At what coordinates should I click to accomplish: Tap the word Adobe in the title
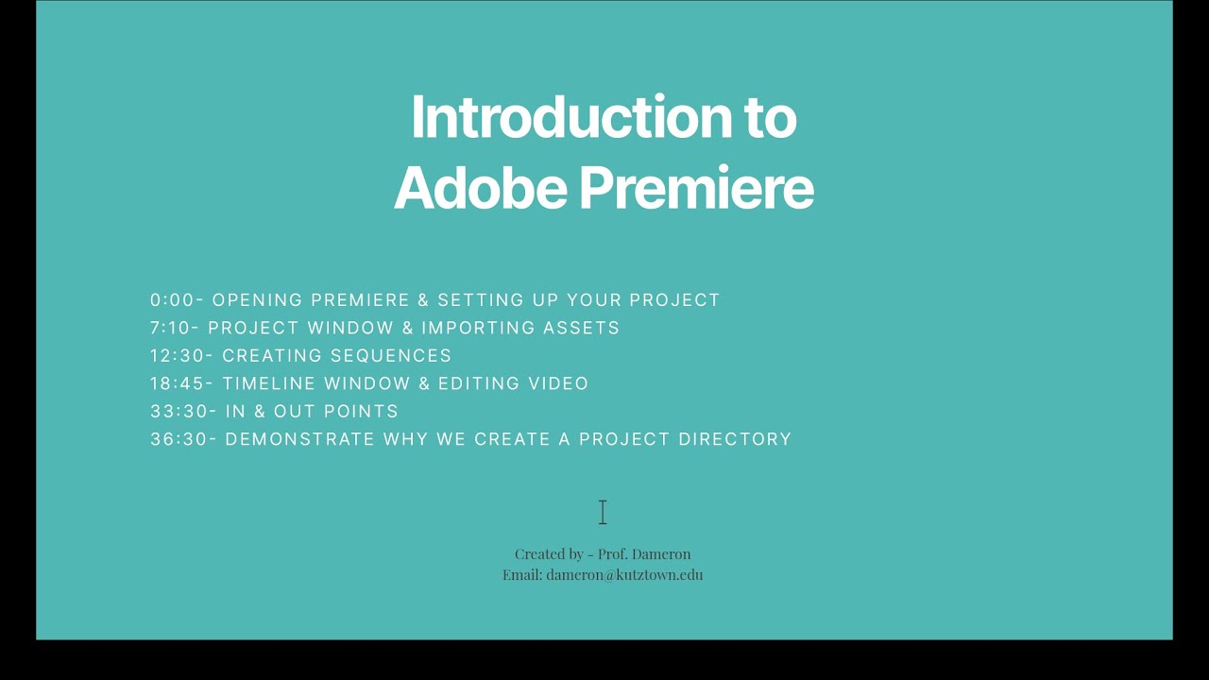(x=480, y=188)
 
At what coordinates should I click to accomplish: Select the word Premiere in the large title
(x=696, y=188)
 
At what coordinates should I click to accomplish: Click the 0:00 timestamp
(x=172, y=300)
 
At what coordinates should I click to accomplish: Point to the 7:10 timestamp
(x=172, y=328)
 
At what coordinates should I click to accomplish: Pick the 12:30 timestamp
(x=179, y=356)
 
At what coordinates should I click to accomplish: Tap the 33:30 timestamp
(x=180, y=412)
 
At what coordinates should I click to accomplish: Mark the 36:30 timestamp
(x=180, y=439)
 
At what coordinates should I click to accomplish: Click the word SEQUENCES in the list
(x=391, y=356)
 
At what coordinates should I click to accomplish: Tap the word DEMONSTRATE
(x=299, y=439)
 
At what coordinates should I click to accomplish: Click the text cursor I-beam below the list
(x=603, y=512)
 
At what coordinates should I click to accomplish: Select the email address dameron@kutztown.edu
(x=624, y=574)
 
